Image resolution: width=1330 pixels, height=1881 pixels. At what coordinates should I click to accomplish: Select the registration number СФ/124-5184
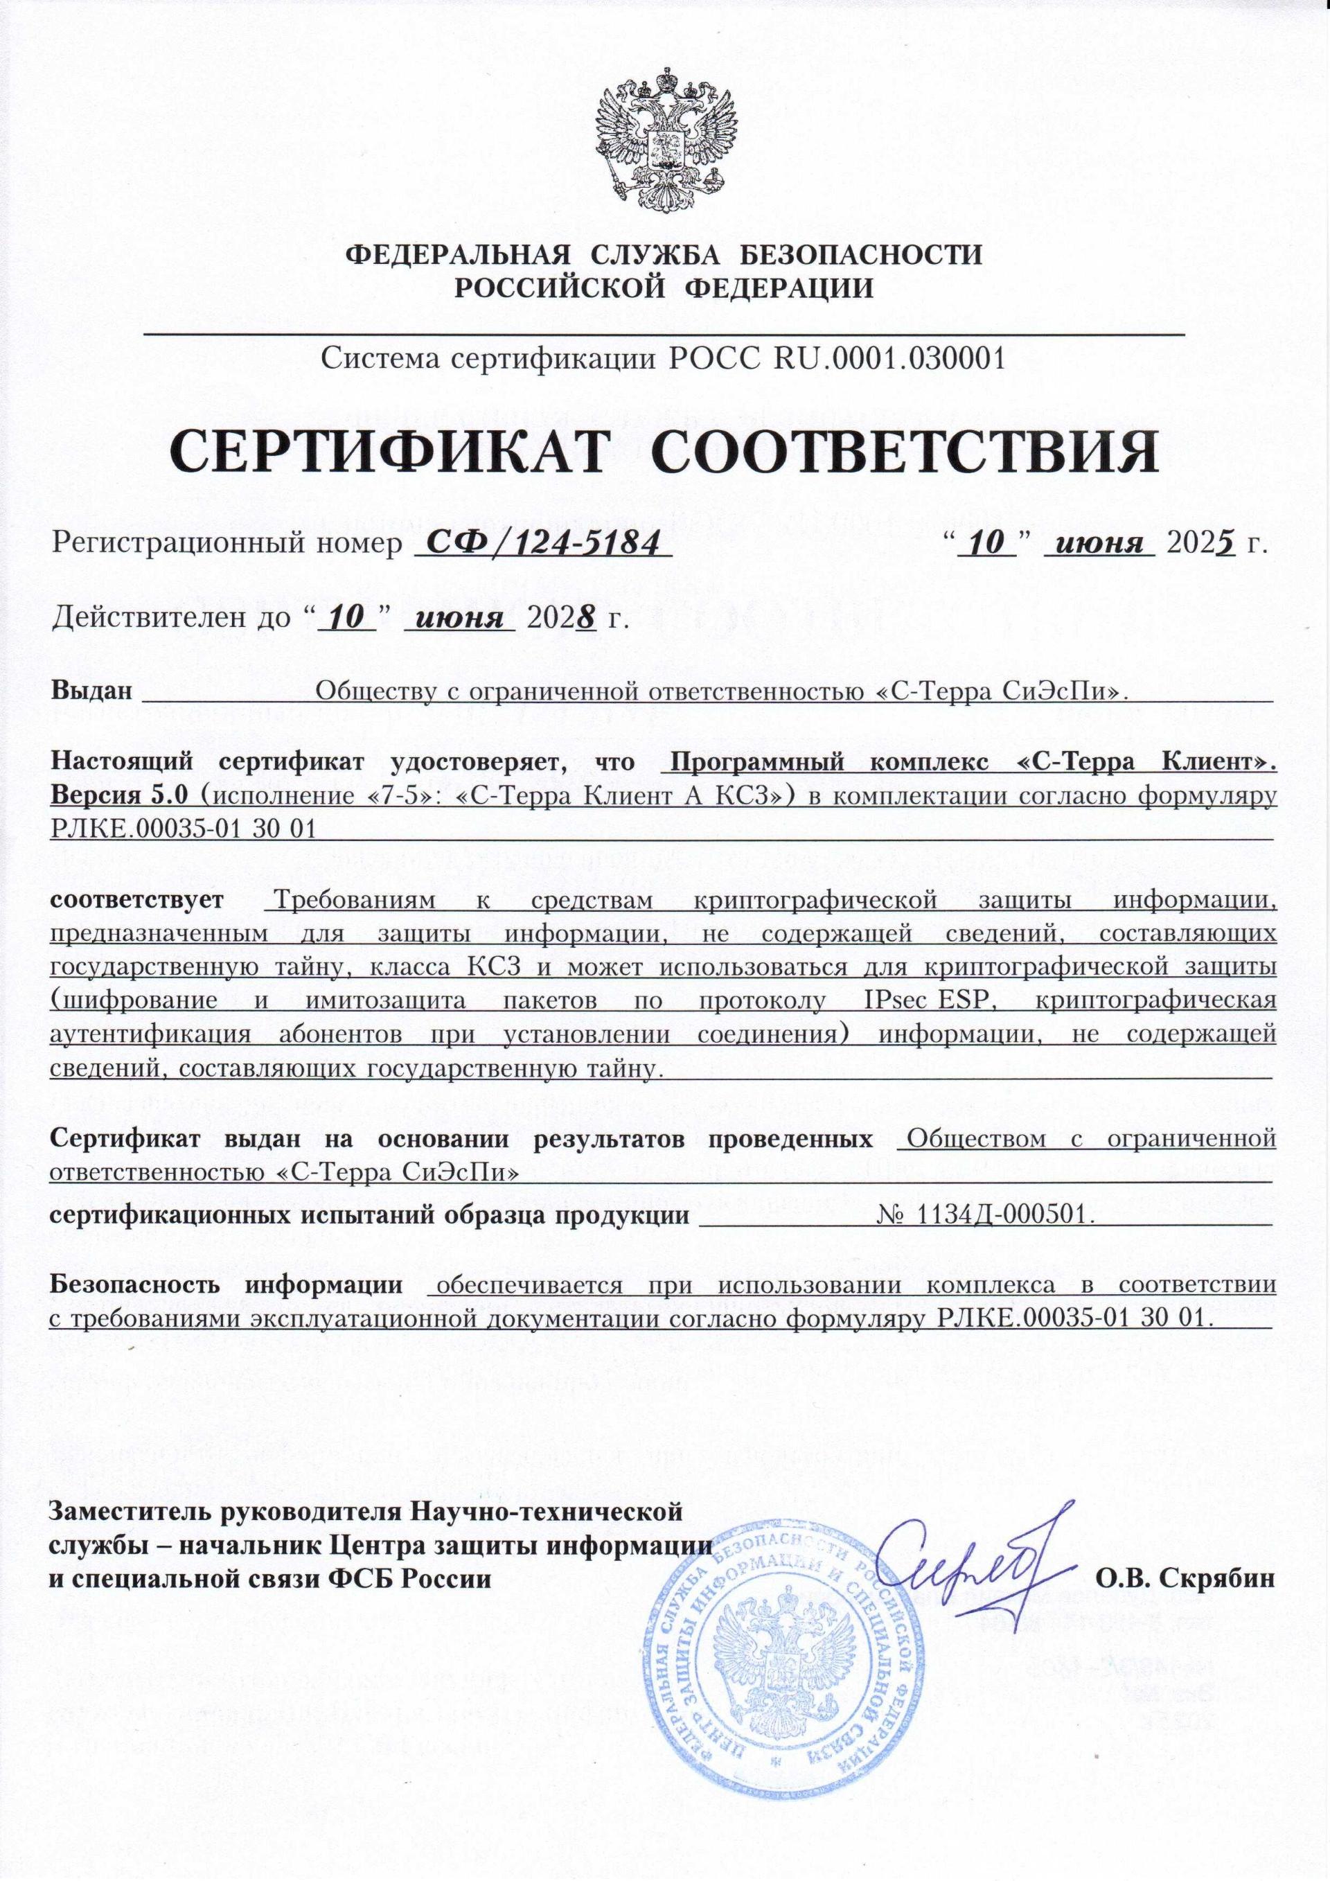542,542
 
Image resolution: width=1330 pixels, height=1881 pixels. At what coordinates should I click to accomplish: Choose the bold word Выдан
91,691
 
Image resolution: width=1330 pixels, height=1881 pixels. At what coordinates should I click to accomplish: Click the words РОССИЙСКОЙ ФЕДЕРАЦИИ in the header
664,288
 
